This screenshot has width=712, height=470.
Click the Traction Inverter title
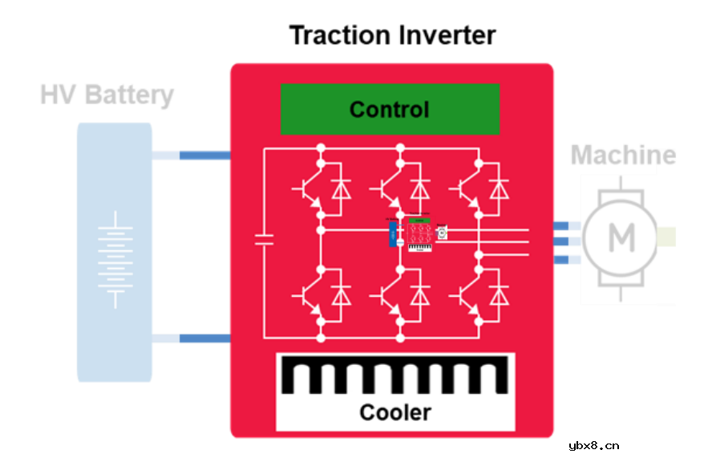(392, 35)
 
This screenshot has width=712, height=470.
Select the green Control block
(390, 109)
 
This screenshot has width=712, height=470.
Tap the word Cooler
(394, 412)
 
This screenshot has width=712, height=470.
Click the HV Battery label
(107, 95)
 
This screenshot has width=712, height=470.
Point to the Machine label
(623, 155)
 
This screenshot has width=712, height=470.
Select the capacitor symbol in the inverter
(264, 239)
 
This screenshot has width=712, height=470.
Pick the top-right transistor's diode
(499, 190)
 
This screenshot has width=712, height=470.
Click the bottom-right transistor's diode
(499, 296)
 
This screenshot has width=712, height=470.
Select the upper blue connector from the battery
(204, 155)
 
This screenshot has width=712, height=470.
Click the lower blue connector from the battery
(204, 338)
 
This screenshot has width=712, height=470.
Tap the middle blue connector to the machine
(561, 241)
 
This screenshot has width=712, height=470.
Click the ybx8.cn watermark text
(593, 447)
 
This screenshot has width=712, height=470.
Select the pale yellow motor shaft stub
(666, 237)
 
